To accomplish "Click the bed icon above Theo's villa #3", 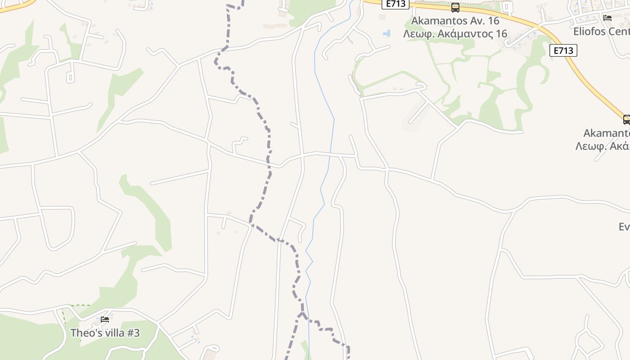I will tap(105, 320).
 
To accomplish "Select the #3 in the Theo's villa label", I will tap(133, 333).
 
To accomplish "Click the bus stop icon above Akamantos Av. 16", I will tap(455, 8).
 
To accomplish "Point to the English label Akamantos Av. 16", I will tap(455, 21).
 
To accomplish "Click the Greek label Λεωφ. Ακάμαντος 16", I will tap(455, 34).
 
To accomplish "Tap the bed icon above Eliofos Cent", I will tap(607, 18).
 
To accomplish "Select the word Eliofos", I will tap(589, 31).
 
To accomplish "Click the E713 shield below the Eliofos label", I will tap(563, 50).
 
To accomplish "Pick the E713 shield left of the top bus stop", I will tap(396, 4).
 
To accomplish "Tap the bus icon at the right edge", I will tap(626, 120).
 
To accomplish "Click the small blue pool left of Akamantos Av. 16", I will tap(386, 33).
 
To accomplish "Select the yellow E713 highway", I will tap(594, 81).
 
